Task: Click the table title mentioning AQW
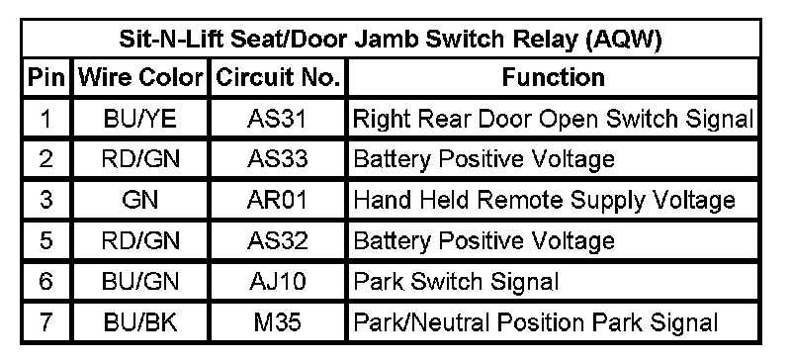point(390,40)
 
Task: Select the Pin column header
point(46,78)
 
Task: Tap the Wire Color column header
point(140,78)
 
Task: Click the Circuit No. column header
point(278,78)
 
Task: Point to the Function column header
point(554,78)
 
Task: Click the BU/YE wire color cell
point(139,119)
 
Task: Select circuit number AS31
point(277,119)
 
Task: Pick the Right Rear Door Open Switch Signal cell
point(553,119)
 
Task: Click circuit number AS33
point(277,159)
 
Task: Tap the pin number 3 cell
point(45,201)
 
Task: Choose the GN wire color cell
point(139,201)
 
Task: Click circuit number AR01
point(277,201)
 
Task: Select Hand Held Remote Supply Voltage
point(544,201)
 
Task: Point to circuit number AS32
point(277,241)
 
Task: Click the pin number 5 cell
point(45,241)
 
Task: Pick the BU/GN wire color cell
point(139,282)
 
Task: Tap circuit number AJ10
point(277,282)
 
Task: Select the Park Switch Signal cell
point(456,282)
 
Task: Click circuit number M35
point(277,322)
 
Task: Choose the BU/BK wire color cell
point(139,322)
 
